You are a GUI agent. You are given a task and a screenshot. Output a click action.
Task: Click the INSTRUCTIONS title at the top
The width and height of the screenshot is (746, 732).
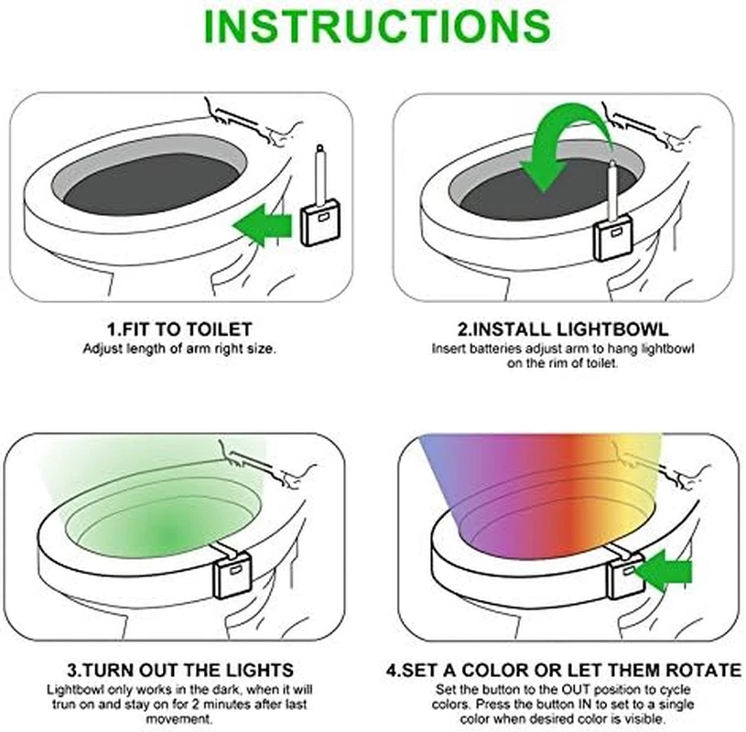pyautogui.click(x=377, y=26)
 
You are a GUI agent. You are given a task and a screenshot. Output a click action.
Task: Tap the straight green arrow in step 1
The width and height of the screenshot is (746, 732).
pyautogui.click(x=262, y=225)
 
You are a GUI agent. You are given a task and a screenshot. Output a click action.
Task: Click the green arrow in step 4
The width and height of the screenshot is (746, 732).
pyautogui.click(x=664, y=570)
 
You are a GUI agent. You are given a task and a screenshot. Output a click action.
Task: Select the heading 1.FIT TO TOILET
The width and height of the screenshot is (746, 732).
pyautogui.click(x=179, y=329)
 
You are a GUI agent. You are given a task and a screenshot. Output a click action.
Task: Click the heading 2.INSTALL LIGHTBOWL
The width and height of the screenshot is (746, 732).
pyautogui.click(x=563, y=329)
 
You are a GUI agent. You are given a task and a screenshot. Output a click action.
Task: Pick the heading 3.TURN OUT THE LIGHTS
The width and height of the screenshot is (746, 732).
pyautogui.click(x=180, y=670)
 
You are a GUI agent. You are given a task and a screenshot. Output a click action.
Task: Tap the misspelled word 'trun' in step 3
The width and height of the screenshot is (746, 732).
pyautogui.click(x=63, y=704)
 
